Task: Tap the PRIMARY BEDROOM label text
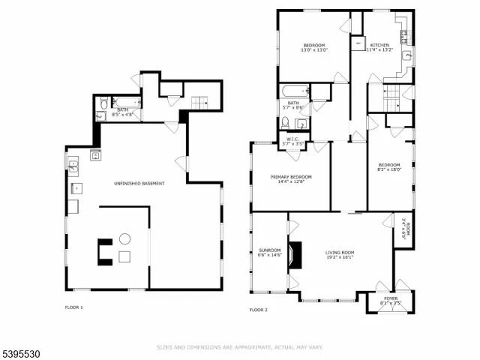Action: click(x=291, y=177)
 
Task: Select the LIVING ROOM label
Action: click(x=340, y=253)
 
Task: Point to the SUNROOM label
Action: click(x=269, y=250)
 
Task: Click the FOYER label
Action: click(x=391, y=298)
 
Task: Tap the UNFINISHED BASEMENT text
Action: click(x=139, y=183)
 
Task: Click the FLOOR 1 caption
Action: click(x=73, y=307)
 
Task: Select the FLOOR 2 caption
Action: click(x=258, y=309)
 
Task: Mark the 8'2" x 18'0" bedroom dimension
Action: click(x=389, y=169)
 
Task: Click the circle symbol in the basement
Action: click(x=124, y=239)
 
